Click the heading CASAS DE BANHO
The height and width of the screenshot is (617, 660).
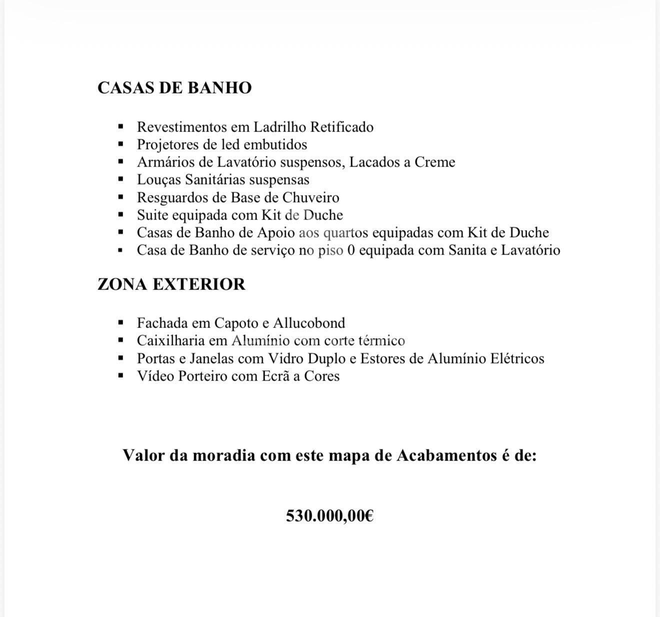pos(174,87)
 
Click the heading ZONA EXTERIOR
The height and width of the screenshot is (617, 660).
pos(171,284)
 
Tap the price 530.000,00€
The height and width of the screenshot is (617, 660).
pos(329,515)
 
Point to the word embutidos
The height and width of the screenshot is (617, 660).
pos(275,144)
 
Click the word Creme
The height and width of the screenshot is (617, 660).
pos(434,162)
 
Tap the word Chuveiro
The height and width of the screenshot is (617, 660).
pos(310,197)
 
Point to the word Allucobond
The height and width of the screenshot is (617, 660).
pos(309,323)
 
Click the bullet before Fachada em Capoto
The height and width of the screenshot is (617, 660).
pos(120,323)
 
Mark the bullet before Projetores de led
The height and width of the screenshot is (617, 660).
pos(120,144)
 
